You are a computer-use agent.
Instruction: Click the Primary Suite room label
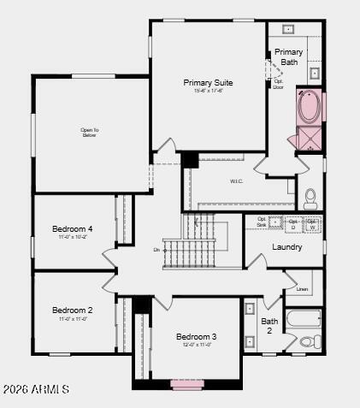click(x=208, y=83)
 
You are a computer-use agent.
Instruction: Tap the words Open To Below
click(x=90, y=132)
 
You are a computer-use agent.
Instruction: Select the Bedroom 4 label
click(x=73, y=229)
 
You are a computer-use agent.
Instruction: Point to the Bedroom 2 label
click(x=73, y=310)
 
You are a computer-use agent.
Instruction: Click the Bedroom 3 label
click(x=197, y=337)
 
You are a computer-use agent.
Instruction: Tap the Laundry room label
click(x=286, y=247)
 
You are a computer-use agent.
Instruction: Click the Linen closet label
click(x=302, y=289)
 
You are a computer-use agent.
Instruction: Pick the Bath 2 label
click(x=269, y=326)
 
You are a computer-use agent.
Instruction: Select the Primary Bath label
click(x=288, y=56)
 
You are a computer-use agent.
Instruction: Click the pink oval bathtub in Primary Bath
click(x=308, y=107)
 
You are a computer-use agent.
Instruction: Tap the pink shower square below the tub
click(x=308, y=139)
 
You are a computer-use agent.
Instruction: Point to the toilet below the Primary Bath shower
click(x=310, y=198)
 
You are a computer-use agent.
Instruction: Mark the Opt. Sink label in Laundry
click(x=274, y=224)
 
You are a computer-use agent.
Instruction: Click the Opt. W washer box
click(x=312, y=225)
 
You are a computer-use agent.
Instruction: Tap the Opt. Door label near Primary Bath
click(x=278, y=84)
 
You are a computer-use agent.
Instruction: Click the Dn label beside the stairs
click(x=156, y=250)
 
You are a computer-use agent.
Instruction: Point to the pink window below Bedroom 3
click(x=186, y=383)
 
